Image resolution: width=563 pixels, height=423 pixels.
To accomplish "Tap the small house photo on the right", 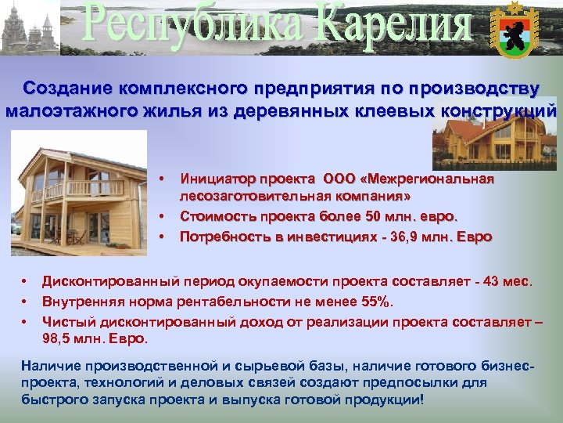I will click(x=495, y=144).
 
